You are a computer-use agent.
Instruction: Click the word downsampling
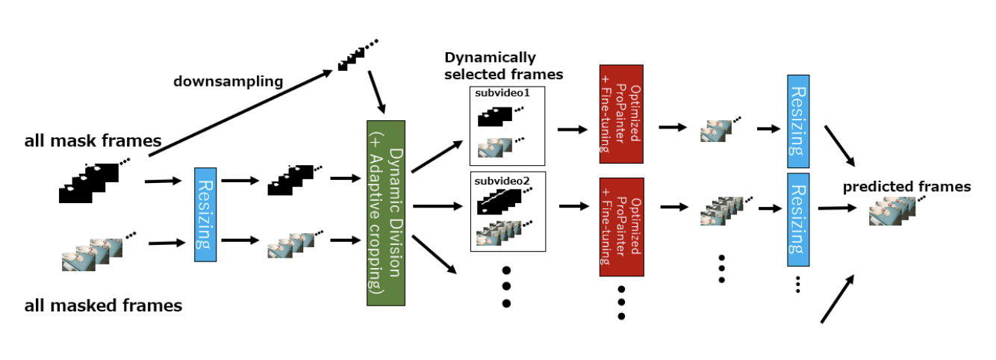(228, 81)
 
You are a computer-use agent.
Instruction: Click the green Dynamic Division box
(385, 212)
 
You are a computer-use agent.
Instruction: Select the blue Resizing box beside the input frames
(205, 214)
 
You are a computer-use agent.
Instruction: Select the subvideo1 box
(507, 125)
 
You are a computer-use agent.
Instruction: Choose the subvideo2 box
(507, 211)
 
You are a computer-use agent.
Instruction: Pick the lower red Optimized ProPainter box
(621, 226)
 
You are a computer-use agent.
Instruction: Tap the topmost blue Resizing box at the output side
(797, 121)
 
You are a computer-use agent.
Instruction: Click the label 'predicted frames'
(906, 187)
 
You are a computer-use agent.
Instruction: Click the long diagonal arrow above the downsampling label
(239, 113)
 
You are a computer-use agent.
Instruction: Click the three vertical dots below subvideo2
(506, 286)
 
